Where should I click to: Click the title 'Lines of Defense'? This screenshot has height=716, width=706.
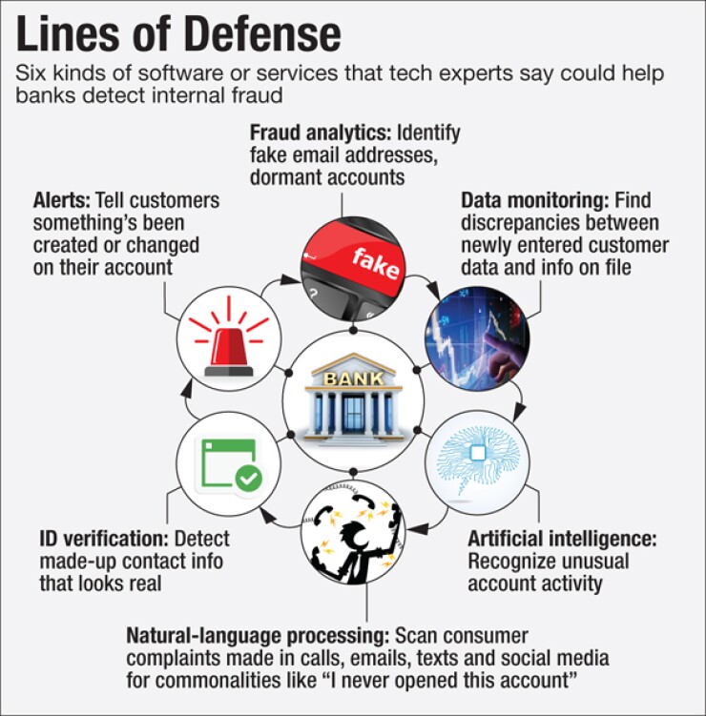tap(178, 34)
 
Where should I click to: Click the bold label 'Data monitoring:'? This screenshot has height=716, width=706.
tap(535, 201)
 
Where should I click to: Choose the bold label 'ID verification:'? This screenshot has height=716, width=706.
tap(104, 539)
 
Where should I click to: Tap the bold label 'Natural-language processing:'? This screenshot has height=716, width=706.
tap(257, 635)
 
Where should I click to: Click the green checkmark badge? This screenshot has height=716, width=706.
tap(249, 478)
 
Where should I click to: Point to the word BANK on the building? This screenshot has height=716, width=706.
tap(352, 378)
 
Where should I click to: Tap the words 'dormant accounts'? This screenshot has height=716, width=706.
tap(327, 177)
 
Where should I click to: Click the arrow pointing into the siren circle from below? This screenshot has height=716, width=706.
tap(191, 388)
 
